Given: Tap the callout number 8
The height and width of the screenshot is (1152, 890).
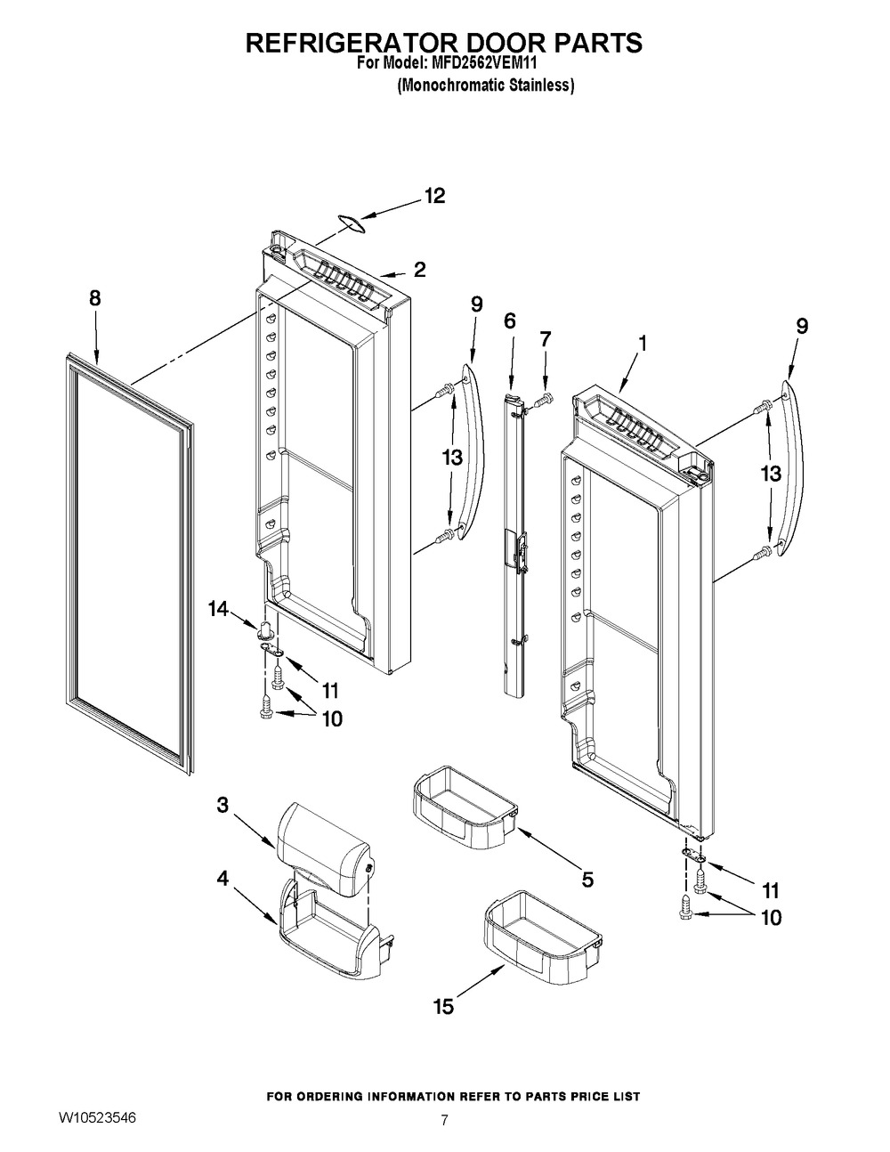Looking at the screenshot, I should click(x=94, y=300).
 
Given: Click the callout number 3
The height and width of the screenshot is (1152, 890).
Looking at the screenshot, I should click(x=222, y=805).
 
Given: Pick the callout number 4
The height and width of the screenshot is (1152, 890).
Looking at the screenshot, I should click(x=222, y=878).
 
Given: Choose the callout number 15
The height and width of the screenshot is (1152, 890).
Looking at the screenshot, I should click(x=442, y=1006).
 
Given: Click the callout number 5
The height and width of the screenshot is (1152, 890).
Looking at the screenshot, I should click(x=587, y=880).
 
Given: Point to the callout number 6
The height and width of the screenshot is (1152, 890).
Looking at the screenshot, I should click(x=509, y=321).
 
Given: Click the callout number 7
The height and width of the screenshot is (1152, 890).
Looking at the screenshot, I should click(x=545, y=338).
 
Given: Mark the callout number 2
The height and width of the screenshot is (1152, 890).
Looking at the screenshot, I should click(x=418, y=269).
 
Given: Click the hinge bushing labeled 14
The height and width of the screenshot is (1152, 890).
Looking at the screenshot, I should click(x=263, y=632).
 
